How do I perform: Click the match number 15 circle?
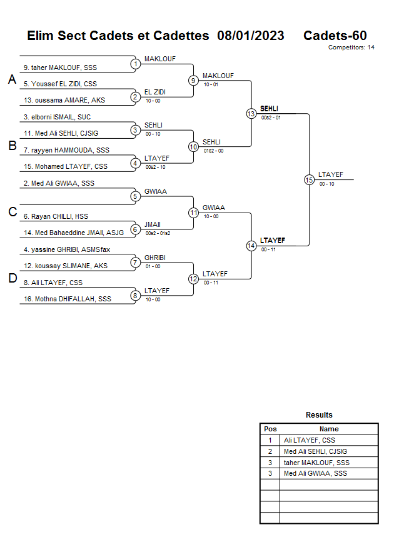tap(309, 179)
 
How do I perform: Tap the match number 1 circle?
tap(135, 64)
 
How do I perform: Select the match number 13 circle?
tap(251, 114)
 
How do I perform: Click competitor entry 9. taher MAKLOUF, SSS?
tap(64, 68)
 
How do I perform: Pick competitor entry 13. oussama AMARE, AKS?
tap(65, 100)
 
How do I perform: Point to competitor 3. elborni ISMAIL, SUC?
tap(57, 117)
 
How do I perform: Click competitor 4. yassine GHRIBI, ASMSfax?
tap(67, 250)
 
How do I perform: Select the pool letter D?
tap(12, 279)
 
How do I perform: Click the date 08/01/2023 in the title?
tap(251, 36)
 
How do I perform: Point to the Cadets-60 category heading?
tap(335, 36)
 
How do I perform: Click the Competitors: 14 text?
tap(351, 48)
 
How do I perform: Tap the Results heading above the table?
tap(319, 415)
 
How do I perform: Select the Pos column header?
tap(270, 429)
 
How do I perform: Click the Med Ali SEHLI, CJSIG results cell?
tap(315, 451)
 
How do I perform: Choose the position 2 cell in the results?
tap(270, 451)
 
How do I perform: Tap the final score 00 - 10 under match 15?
tap(326, 184)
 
